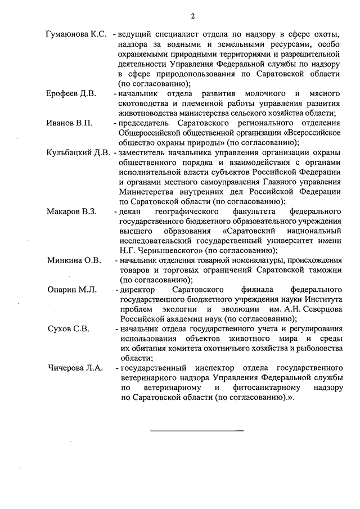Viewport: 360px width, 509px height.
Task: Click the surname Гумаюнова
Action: [x=68, y=34]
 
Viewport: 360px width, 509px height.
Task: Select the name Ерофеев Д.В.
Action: [x=70, y=93]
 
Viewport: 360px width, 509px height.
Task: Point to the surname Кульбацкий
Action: [x=69, y=152]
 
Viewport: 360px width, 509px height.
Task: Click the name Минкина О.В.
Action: [x=73, y=260]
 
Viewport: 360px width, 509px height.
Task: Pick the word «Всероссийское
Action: [x=314, y=132]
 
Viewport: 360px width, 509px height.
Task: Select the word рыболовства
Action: [x=313, y=348]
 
